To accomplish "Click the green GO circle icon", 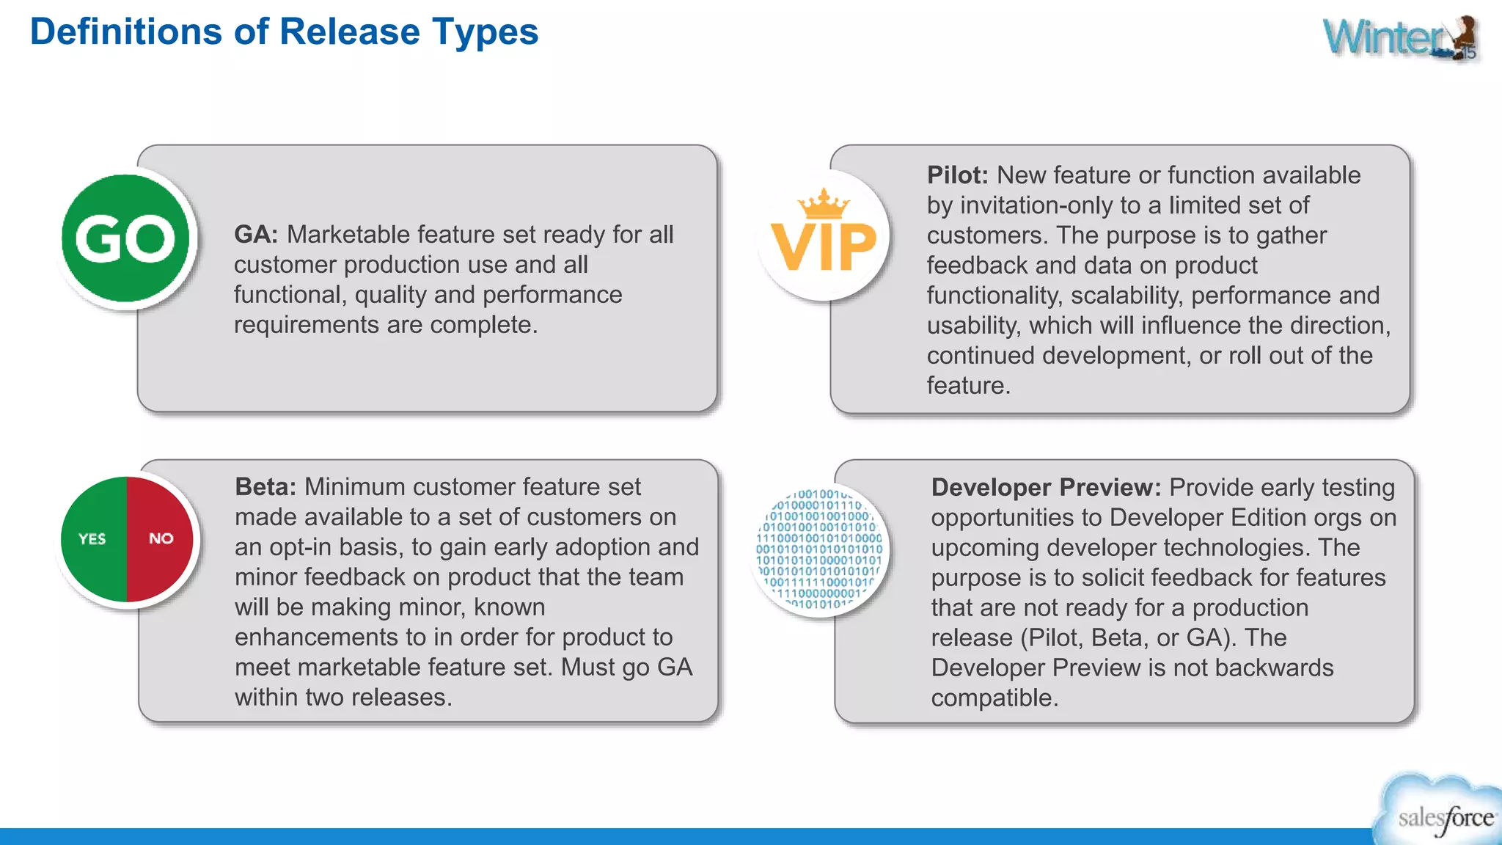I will click(x=126, y=238).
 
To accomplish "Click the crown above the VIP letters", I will click(x=824, y=204).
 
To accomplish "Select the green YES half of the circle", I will click(x=93, y=539).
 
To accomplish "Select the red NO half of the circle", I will click(x=161, y=539).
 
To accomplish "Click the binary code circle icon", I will click(x=819, y=550).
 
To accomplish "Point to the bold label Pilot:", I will click(x=957, y=175).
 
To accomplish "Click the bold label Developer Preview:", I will click(x=1046, y=488).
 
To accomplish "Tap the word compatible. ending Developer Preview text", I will click(x=994, y=698).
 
